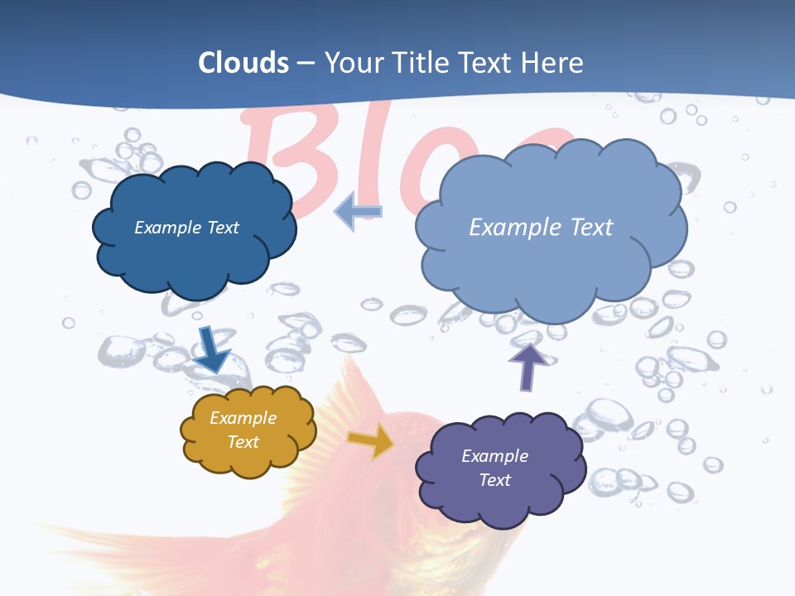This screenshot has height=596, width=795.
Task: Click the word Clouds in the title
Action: point(243,62)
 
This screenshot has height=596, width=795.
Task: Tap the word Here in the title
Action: point(552,62)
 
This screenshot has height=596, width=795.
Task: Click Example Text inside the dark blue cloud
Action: point(186,228)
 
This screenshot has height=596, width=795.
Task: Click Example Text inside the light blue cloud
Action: point(541,228)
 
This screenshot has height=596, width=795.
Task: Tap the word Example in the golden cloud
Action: point(243,418)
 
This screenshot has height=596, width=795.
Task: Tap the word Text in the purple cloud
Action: point(494,480)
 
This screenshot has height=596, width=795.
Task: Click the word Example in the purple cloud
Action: point(494,456)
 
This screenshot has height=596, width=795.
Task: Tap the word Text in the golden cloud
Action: point(243,442)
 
